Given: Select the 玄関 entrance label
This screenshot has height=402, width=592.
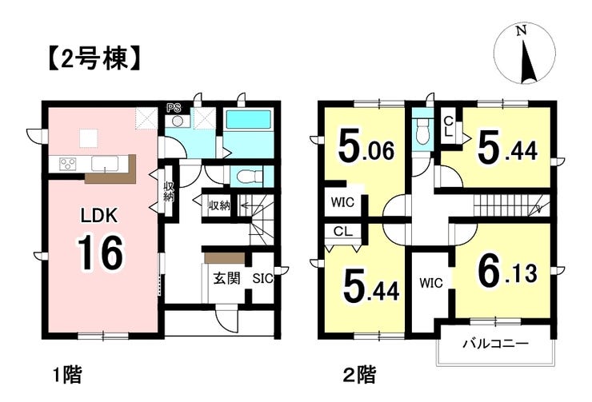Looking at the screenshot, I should (x=226, y=278).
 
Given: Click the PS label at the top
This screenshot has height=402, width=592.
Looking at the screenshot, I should (x=174, y=107).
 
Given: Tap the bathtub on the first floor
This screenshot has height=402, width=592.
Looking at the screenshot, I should (x=249, y=121).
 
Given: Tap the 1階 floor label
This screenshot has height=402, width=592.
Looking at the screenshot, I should (x=66, y=372).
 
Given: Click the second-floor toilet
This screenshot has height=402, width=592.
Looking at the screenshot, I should (x=422, y=133).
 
